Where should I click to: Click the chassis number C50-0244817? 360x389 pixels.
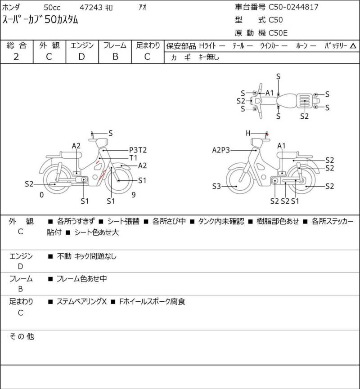293,7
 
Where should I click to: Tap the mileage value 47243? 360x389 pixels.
91,8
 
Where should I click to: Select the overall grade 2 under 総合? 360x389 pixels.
16,57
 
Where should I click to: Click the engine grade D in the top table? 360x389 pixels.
82,57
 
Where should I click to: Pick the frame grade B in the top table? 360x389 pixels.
115,57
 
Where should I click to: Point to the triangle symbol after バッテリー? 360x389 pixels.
353,46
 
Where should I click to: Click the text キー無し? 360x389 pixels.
209,57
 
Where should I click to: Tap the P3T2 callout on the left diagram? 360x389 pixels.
138,150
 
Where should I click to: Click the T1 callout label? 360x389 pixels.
133,158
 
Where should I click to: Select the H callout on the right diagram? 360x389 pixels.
248,134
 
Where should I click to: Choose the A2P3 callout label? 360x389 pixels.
221,150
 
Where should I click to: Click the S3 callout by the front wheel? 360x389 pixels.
216,186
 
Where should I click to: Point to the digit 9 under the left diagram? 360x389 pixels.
134,195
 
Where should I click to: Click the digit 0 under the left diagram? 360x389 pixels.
42,195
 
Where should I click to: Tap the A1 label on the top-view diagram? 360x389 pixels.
270,93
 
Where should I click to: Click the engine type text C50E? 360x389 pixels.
278,33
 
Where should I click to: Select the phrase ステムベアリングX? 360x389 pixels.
81,301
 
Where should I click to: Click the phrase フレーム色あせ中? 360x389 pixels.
82,279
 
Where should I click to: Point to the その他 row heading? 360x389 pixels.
21,336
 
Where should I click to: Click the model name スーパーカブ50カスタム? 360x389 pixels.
40,20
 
